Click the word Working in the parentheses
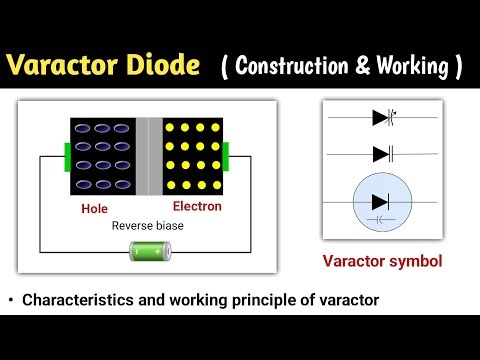coord(411,68)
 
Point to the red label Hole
coord(95,210)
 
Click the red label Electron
coord(195,207)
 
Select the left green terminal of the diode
coord(68,157)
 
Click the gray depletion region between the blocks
coord(149,157)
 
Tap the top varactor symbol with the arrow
coord(382,117)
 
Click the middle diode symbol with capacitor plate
coord(382,153)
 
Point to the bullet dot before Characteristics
coord(10,299)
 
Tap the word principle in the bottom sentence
coord(243,299)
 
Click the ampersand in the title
coord(361,68)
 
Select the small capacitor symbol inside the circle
coord(381,217)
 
